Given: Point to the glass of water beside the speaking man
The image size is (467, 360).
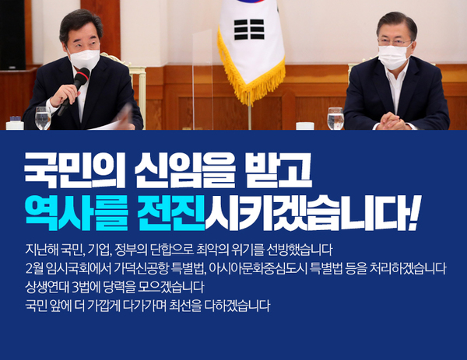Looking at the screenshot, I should click(43, 117).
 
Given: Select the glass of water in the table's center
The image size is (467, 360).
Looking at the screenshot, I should click(335, 117).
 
